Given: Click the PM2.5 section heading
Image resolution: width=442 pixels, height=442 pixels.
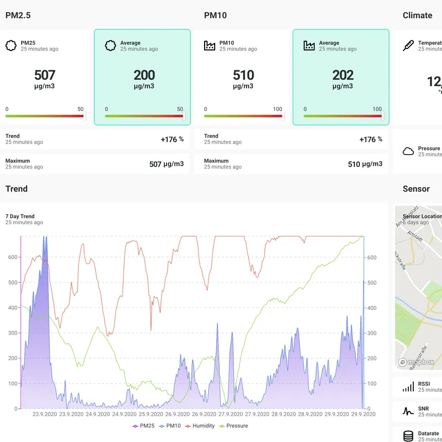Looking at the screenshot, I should (x=18, y=15).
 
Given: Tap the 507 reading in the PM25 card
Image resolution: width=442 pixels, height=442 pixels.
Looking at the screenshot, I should (x=44, y=75).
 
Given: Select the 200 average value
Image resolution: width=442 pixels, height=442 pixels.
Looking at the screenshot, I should (x=144, y=75).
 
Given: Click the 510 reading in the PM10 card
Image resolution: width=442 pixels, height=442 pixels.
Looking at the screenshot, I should (x=243, y=75).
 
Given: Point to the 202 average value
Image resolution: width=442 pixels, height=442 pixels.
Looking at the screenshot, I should (x=343, y=75).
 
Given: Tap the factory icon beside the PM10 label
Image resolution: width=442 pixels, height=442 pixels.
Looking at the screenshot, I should (x=210, y=46).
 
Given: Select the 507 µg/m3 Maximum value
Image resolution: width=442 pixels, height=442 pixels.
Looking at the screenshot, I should (x=166, y=164).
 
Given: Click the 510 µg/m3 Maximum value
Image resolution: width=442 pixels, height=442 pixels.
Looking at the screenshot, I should (x=365, y=164).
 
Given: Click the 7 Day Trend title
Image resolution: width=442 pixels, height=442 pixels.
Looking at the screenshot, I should (x=20, y=216).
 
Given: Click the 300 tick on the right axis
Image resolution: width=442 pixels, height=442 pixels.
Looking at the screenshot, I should (x=372, y=333).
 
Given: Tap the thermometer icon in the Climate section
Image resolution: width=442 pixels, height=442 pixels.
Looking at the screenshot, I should (x=408, y=46).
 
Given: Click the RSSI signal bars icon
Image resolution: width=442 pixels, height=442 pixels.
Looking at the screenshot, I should (x=408, y=387).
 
